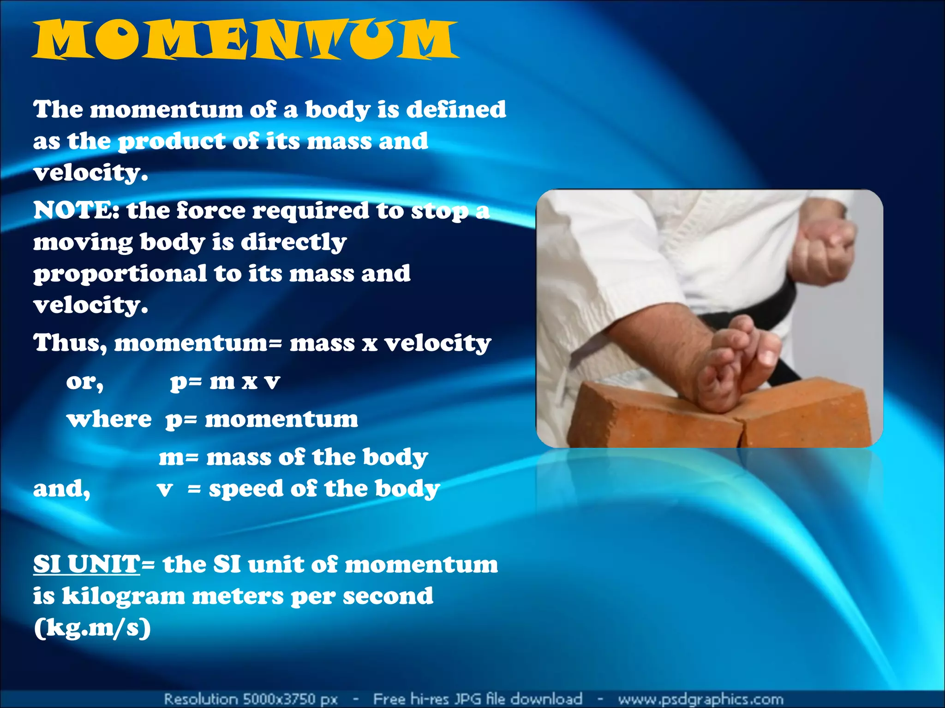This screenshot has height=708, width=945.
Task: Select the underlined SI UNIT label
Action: point(86,564)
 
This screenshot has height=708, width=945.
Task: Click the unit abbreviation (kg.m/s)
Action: point(92,628)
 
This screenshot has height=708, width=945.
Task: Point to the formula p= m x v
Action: point(225,382)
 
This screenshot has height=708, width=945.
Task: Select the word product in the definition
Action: point(172,142)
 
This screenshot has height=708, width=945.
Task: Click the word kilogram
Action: point(123,596)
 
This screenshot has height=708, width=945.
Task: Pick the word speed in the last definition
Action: point(246,489)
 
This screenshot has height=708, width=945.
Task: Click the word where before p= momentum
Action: point(109,419)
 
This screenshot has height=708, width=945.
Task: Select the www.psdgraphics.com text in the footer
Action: point(700,699)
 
